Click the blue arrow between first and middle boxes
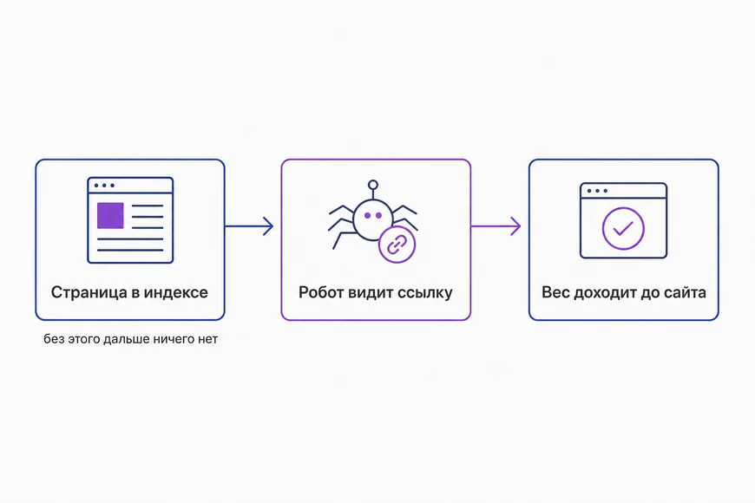pos(249,226)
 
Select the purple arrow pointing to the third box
pos(496,226)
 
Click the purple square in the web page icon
pos(110,216)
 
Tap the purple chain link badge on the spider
pos(397,245)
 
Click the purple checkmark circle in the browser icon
pos(623,228)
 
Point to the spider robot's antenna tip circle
pos(372,185)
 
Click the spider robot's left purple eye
pos(367,216)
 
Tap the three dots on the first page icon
pos(104,186)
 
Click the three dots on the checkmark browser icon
pos(597,191)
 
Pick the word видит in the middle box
pos(369,292)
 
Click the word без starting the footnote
pos(54,339)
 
